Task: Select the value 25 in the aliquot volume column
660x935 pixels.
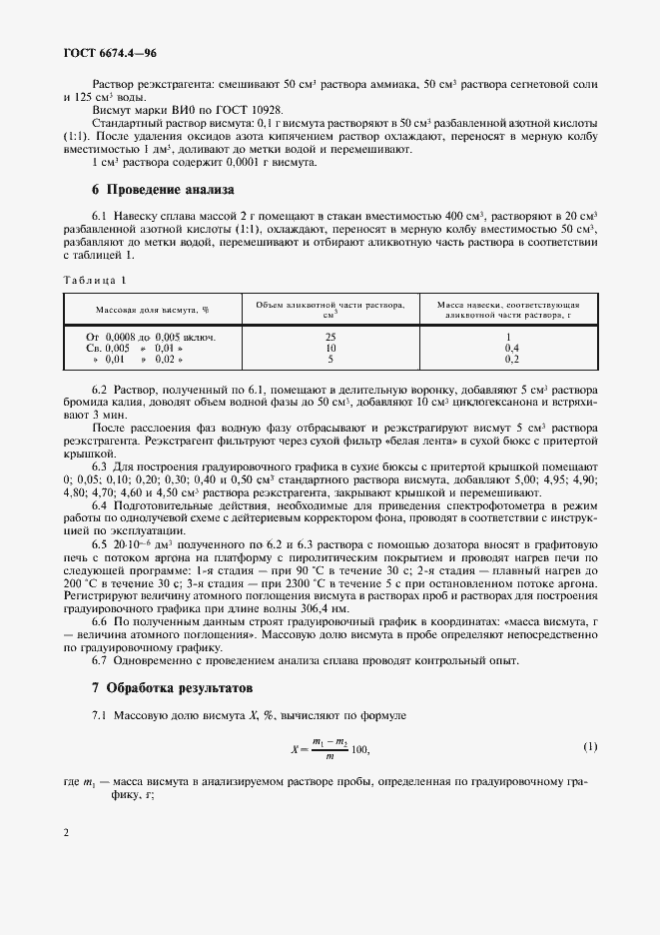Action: (330, 337)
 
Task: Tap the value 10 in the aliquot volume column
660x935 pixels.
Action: (330, 347)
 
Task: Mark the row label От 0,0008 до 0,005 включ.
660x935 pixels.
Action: (151, 337)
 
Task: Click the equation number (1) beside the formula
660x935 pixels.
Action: (590, 747)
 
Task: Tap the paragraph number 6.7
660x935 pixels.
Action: (101, 660)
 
